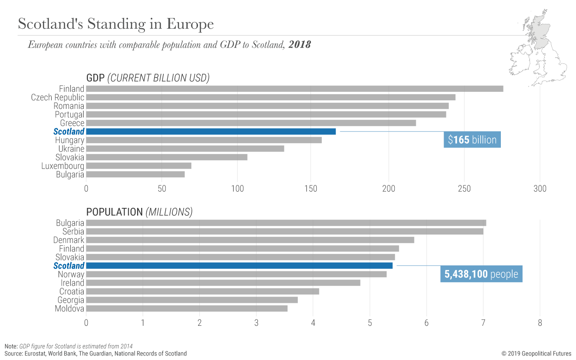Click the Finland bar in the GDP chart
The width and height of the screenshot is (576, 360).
point(294,89)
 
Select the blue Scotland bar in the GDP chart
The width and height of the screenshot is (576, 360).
point(211,131)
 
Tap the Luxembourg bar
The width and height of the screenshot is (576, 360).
point(139,166)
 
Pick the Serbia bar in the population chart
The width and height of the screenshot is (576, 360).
point(284,231)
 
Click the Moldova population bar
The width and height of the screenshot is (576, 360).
point(187,309)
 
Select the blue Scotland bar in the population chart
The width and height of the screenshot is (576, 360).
point(239,265)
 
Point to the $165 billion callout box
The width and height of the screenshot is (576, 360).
point(472,139)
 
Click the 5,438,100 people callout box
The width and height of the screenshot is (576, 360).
point(481,274)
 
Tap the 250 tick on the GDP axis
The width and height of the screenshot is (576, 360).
point(464,189)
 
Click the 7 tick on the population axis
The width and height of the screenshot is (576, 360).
point(483,323)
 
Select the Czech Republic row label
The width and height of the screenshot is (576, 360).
point(57,98)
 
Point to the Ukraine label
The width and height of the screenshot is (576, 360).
point(71,149)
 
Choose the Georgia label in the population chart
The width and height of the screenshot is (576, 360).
point(71,300)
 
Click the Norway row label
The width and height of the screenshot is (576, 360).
point(71,274)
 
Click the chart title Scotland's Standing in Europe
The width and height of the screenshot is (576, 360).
point(116,24)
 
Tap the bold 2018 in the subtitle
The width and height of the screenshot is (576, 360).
point(299,45)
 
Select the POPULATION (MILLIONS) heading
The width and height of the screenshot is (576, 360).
point(139,212)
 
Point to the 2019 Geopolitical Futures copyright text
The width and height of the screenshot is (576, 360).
point(536,354)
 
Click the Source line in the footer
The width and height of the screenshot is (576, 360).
point(95,354)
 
